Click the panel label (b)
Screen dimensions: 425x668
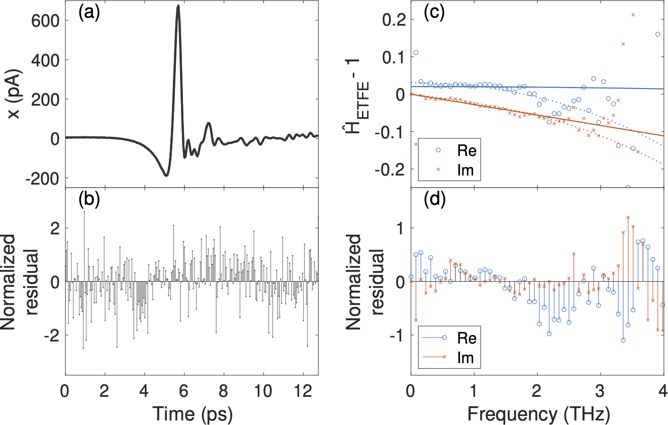coord(89,200)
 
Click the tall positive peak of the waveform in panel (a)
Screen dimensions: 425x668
coord(178,6)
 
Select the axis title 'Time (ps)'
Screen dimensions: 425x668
coord(191,413)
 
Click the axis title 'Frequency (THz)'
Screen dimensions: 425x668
coord(536,413)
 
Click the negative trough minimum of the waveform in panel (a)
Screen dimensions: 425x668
coord(165,175)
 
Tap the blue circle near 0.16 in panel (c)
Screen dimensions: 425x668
coord(657,34)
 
